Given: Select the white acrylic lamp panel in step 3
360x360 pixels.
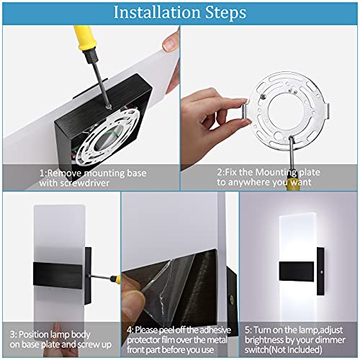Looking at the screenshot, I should point(54,259).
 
